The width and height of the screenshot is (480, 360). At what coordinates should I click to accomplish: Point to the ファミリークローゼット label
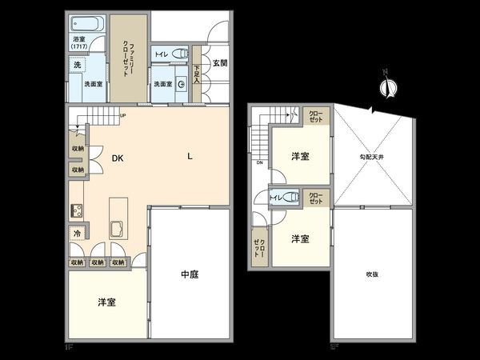126,58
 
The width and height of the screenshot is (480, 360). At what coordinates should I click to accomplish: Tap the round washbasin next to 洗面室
181,82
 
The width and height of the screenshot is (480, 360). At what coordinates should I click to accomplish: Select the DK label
117,158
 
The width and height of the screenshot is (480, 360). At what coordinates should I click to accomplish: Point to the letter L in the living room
190,156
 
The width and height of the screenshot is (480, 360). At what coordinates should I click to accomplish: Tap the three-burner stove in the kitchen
78,213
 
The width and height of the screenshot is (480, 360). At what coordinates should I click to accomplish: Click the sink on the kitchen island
117,229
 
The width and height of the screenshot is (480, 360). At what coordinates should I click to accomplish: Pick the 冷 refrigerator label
77,234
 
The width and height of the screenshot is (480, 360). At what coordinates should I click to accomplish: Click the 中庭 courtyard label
189,274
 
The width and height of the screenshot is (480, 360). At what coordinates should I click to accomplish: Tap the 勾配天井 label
371,157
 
